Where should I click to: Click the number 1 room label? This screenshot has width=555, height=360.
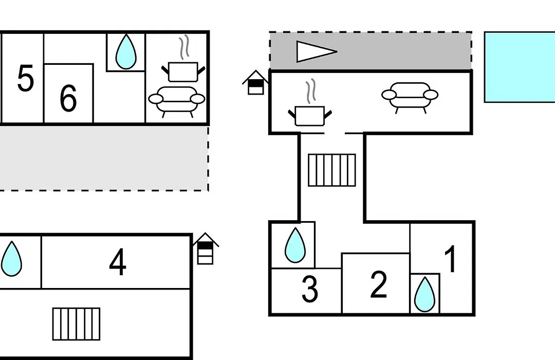451,259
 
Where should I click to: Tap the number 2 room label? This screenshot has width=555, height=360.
378,284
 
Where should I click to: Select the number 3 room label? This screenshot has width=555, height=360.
310,289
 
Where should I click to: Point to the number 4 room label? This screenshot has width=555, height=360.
118,262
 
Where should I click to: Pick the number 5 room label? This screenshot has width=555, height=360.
26,78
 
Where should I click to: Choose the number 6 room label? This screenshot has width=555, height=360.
68,98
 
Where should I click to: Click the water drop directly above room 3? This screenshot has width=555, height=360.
295,245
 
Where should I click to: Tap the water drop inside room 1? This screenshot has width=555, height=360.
424,295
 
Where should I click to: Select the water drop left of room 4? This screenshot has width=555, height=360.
11,259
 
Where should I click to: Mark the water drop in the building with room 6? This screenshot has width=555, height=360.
126,51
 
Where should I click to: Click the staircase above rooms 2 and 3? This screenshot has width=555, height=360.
332,170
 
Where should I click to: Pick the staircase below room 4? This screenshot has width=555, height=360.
77,324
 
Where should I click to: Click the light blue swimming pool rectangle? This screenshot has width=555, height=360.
520,67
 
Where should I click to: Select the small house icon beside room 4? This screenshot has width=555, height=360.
206,249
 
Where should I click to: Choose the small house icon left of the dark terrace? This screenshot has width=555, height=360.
255,83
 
